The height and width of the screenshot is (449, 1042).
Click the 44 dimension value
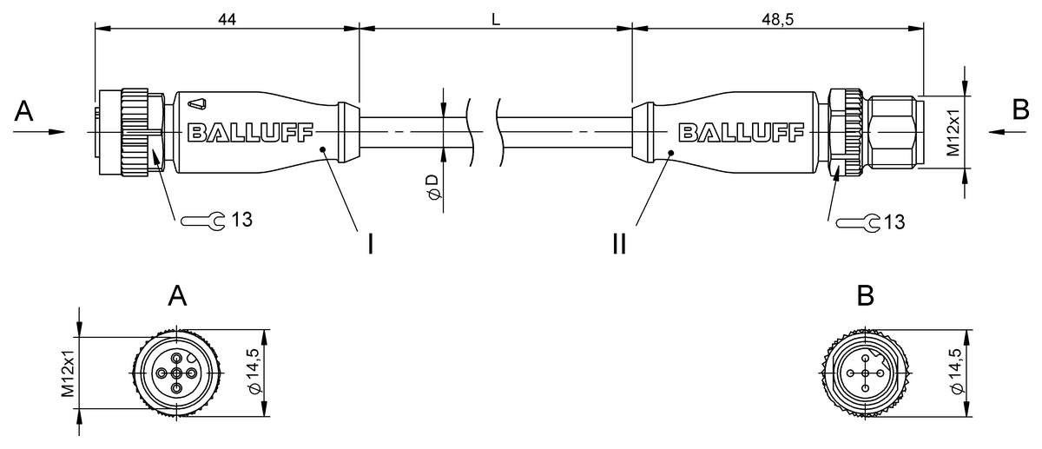pyautogui.click(x=227, y=19)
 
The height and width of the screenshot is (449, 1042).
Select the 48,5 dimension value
pyautogui.click(x=777, y=19)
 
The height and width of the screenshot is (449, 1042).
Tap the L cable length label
pyautogui.click(x=496, y=19)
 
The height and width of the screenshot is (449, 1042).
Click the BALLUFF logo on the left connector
pyautogui.click(x=250, y=133)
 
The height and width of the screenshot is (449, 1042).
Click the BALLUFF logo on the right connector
pyautogui.click(x=741, y=133)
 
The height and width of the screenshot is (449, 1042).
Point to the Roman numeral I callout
pyautogui.click(x=370, y=244)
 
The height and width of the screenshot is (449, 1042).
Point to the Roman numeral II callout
pyautogui.click(x=620, y=244)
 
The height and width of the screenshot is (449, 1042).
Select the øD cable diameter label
pyautogui.click(x=433, y=188)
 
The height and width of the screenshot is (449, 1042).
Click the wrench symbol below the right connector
pyautogui.click(x=858, y=223)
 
